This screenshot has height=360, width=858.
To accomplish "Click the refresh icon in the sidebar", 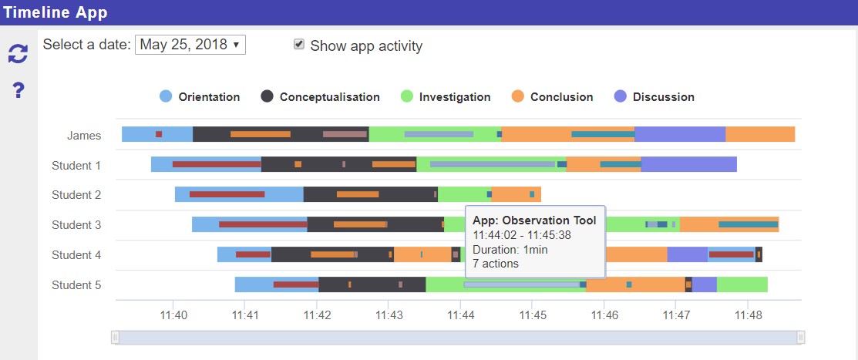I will tap(18, 53).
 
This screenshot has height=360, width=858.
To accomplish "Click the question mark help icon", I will tap(19, 91).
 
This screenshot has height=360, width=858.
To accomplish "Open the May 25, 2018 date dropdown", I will tap(190, 45).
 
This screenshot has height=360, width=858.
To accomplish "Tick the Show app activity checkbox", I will tap(299, 45).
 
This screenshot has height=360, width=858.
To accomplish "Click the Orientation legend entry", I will tap(200, 97).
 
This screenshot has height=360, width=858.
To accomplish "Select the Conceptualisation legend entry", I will tap(320, 97).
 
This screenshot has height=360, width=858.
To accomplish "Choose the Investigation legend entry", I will tap(446, 97).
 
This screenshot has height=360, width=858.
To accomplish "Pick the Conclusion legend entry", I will tap(552, 97).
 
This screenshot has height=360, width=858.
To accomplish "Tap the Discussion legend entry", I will tap(654, 97).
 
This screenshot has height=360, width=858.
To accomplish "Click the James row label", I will tap(84, 136).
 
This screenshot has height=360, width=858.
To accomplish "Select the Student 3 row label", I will tap(76, 225).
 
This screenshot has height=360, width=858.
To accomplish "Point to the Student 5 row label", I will tap(76, 285).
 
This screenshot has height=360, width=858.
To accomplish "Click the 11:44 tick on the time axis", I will tap(460, 315).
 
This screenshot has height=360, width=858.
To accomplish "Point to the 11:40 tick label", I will tap(173, 315).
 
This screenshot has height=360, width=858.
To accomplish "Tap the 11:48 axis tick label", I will tap(748, 315).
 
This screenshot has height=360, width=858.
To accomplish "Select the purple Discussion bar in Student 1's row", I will tap(688, 164).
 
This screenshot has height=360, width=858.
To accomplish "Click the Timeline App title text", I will tap(56, 12).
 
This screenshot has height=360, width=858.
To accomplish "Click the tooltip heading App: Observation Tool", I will tap(534, 220).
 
